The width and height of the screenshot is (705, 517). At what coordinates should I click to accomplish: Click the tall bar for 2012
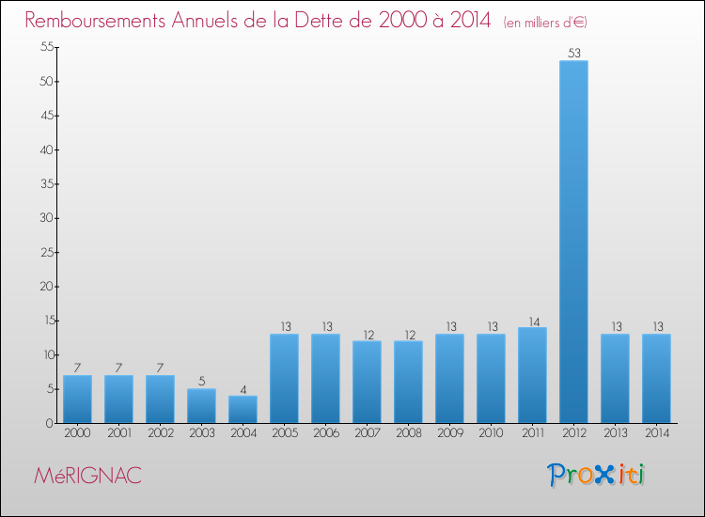coord(573,242)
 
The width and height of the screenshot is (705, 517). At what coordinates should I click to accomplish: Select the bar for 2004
coord(243,409)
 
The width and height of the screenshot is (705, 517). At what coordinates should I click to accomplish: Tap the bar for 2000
coord(77,399)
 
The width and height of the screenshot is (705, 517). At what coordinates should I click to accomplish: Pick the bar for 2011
coord(532,375)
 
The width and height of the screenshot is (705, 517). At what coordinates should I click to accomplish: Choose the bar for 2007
coord(367,382)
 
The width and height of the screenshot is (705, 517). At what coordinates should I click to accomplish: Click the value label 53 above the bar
coord(573,54)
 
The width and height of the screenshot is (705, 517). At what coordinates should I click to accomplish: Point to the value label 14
coord(532,320)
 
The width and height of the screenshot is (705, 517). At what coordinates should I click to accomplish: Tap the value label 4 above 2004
coord(243,388)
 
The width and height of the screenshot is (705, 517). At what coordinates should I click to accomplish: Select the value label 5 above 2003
coord(201,382)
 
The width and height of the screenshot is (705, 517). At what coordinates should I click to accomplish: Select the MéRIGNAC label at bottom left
coord(87,476)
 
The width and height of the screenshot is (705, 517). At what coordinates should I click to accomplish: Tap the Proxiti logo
coord(596,475)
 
